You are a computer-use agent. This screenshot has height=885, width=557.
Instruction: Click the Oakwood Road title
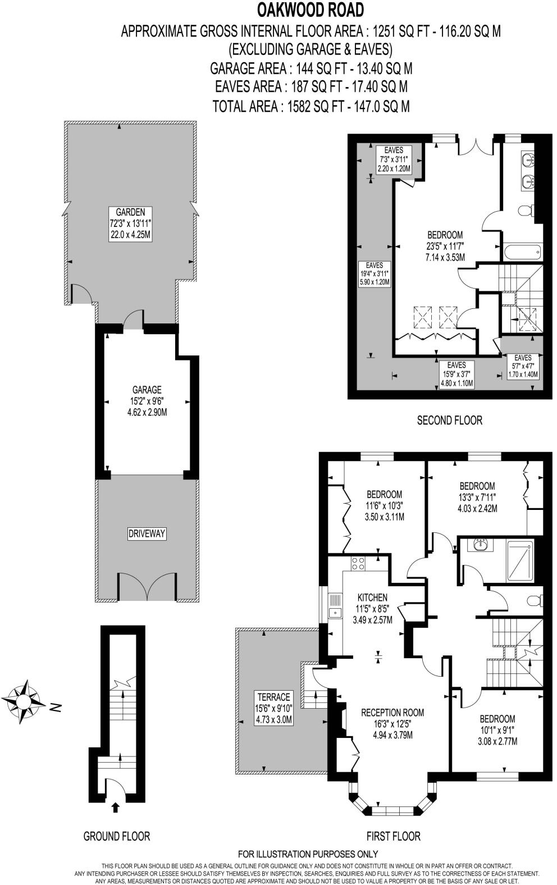(311, 10)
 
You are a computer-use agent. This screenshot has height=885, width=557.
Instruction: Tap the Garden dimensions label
(130, 223)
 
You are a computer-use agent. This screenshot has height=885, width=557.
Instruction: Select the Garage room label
(147, 400)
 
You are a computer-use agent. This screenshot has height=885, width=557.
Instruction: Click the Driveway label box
(147, 533)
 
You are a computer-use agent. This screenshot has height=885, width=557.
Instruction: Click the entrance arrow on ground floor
(115, 808)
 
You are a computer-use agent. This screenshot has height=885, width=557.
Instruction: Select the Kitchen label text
(372, 608)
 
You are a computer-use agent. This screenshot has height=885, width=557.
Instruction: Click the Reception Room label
(392, 723)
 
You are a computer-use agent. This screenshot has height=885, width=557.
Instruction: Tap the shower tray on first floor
(520, 560)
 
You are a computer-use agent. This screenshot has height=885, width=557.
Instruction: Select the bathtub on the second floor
(522, 251)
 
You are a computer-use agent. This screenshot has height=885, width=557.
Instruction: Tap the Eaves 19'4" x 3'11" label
(375, 273)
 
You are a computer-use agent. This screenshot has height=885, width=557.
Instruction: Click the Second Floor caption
(449, 420)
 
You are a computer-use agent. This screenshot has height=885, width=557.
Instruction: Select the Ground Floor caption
(116, 836)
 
